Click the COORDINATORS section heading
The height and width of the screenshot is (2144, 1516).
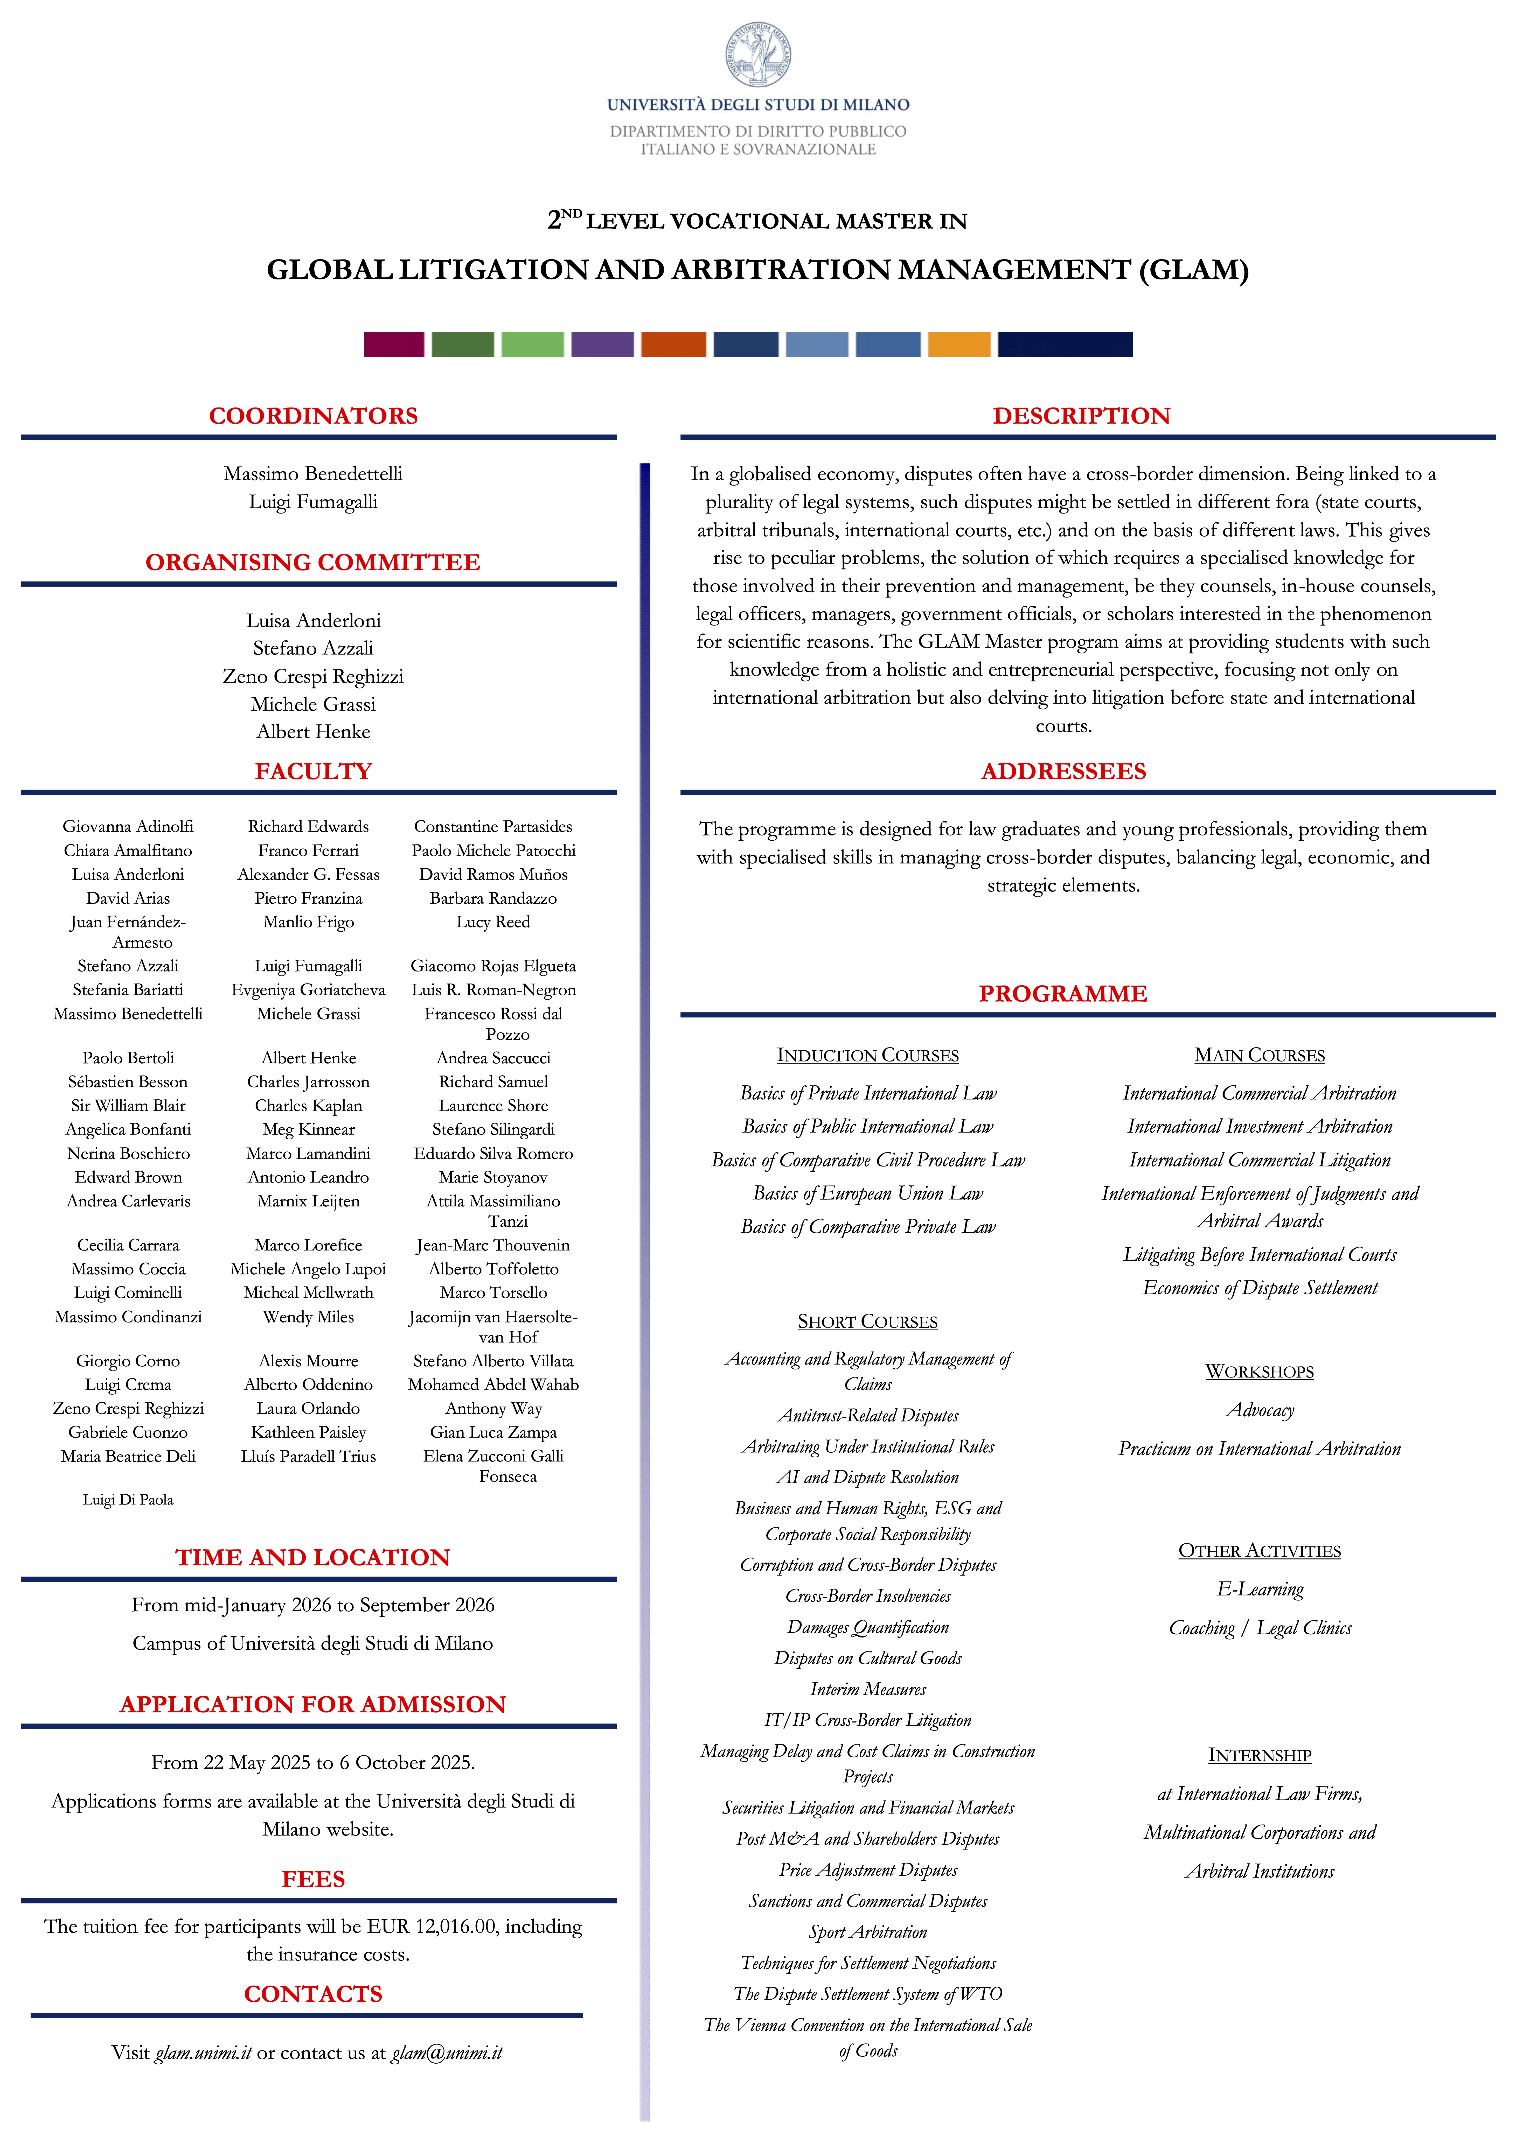(x=313, y=416)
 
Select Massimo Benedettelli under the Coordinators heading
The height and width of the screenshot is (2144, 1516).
(x=313, y=473)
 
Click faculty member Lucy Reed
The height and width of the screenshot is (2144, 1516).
(x=493, y=922)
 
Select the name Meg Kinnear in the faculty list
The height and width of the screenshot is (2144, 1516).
(x=308, y=1129)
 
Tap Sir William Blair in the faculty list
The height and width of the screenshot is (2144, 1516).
(x=128, y=1106)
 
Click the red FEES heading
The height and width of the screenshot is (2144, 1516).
(x=313, y=1879)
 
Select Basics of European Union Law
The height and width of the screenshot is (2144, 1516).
(x=868, y=1193)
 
